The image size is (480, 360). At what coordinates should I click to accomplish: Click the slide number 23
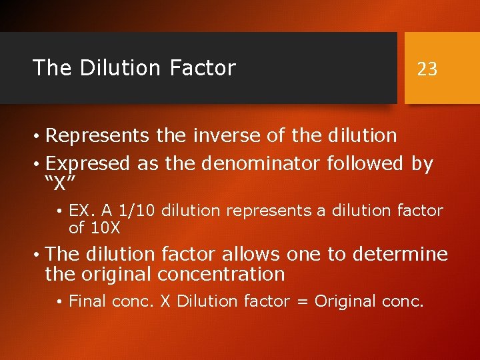pos(427,69)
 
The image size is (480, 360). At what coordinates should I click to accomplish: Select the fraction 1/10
pos(138,211)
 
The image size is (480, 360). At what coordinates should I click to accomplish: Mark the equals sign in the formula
pos(302,301)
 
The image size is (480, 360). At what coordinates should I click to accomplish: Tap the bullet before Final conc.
pos(60,302)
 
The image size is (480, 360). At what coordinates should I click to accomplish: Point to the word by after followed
pos(422,163)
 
